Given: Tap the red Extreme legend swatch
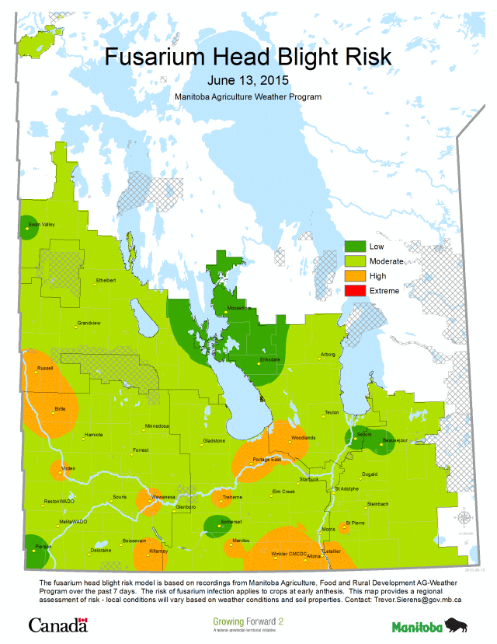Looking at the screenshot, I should coord(355,291).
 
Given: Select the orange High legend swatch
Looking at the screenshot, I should coord(355,276).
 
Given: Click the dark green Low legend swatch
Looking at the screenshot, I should coord(355,247).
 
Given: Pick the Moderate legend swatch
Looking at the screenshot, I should coord(355,261).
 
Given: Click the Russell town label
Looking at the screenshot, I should coord(45,368).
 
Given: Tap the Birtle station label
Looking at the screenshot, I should coord(60,408).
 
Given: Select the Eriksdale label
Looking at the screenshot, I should coord(269,359).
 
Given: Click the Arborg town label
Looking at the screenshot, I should coord(328,355).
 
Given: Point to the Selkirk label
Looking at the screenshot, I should coord(364,434).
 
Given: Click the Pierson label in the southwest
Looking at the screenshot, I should coord(43,547).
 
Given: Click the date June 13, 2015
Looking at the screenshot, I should coord(248,80).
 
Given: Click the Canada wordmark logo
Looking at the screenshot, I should coord(57,625).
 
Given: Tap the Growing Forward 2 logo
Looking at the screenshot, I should coord(248,624).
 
